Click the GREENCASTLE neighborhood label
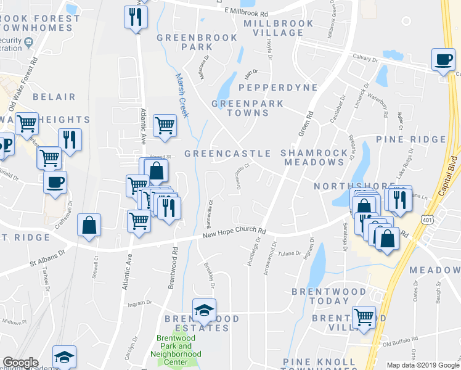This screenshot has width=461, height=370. click(227, 153)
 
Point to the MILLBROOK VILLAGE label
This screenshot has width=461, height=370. click(278, 28)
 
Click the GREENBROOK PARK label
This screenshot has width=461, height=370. click(197, 42)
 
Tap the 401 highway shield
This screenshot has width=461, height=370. click(427, 219)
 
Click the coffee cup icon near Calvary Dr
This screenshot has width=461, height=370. click(443, 60)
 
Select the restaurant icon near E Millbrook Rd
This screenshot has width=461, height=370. click(135, 17)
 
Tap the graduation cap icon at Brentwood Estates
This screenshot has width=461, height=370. click(204, 311)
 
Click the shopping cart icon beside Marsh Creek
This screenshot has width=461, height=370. click(165, 125)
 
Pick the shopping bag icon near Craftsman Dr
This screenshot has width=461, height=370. click(89, 225)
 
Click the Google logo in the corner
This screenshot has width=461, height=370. click(20, 363)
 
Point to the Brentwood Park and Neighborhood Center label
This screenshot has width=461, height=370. click(179, 350)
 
